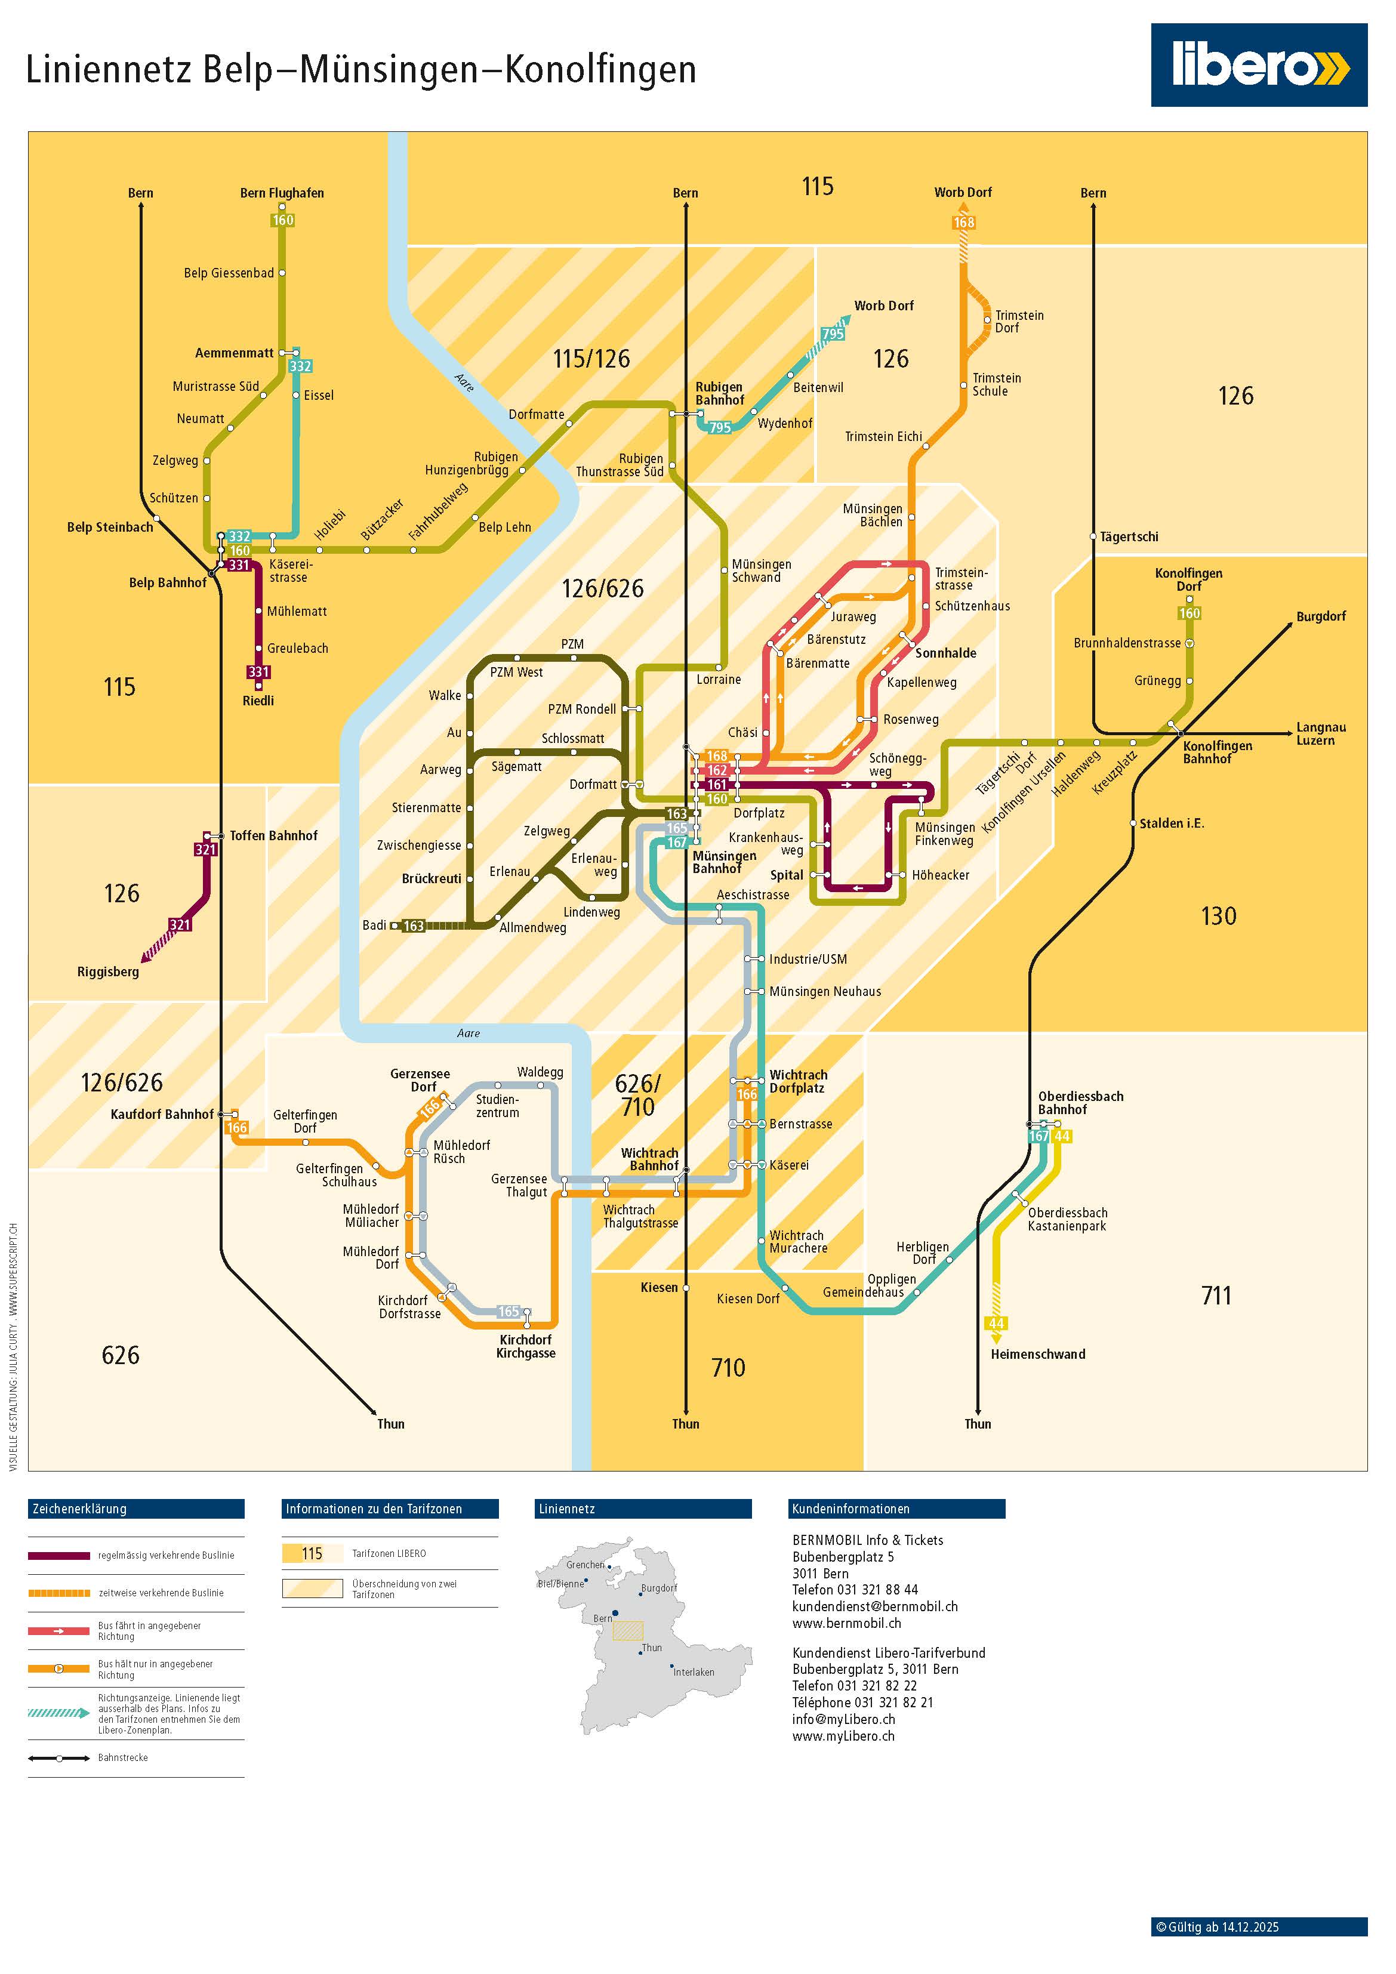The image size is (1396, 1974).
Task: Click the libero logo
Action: click(1258, 65)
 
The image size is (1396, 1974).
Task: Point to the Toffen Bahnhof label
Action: click(273, 835)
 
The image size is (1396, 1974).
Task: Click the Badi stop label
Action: click(374, 925)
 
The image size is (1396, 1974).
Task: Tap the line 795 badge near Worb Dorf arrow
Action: click(833, 334)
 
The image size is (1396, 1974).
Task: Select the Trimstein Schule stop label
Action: click(996, 384)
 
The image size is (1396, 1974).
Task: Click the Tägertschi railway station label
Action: click(1129, 537)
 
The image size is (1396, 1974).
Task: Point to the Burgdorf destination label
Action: click(1320, 616)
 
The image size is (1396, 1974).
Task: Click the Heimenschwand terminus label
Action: click(1037, 1354)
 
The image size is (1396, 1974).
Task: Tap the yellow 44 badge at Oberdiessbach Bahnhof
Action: click(1062, 1137)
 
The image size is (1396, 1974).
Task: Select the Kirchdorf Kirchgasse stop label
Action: click(526, 1346)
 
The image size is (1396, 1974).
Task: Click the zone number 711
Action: click(1216, 1296)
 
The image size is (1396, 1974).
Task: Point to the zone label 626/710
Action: click(637, 1096)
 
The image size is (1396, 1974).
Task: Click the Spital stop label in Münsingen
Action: click(786, 875)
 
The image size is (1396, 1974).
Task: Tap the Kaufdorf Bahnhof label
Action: click(162, 1114)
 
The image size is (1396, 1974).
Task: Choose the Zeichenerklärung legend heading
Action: click(79, 1509)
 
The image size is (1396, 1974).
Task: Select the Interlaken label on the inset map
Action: click(694, 1672)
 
